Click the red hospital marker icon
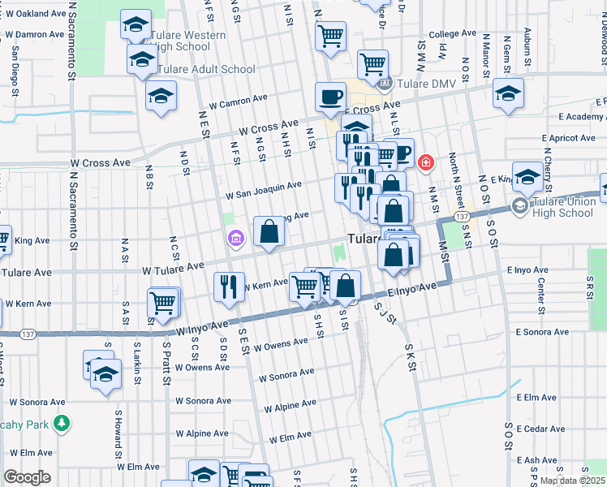(424, 163)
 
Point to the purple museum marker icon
(235, 238)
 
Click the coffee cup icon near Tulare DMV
(329, 97)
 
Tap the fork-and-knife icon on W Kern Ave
(228, 287)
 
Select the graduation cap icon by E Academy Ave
(509, 93)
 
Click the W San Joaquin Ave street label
(264, 190)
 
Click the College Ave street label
(452, 35)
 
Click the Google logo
(26, 477)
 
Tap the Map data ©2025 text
(572, 481)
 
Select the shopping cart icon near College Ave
(330, 36)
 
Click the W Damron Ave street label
(35, 35)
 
